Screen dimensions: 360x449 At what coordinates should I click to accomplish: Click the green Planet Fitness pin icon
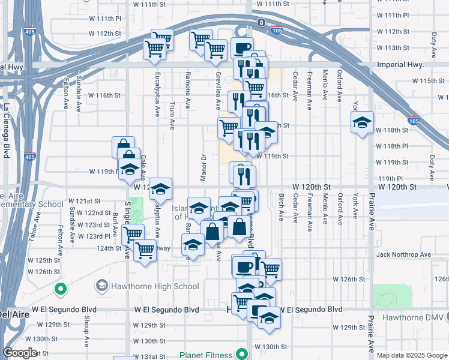(242, 354)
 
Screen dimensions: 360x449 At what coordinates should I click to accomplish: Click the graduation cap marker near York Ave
(362, 123)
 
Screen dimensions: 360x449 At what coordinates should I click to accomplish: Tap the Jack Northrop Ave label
(403, 255)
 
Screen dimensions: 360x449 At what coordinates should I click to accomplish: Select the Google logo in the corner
(20, 353)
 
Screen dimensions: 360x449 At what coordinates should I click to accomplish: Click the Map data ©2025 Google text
(412, 355)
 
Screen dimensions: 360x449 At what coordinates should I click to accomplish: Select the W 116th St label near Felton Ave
(104, 95)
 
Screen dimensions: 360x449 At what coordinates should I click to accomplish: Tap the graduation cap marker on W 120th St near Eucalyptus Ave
(160, 189)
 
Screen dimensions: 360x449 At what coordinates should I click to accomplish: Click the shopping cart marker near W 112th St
(161, 40)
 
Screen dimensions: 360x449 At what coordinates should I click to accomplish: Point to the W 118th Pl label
(392, 146)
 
